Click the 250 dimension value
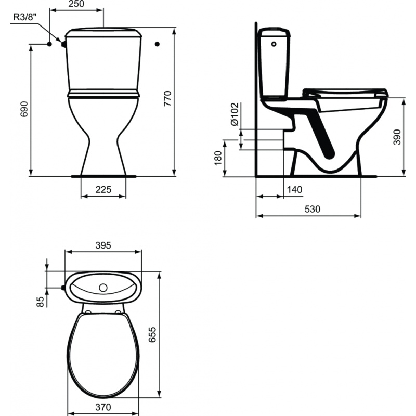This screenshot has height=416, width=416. click(x=76, y=4)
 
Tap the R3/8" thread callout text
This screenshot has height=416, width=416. click(x=24, y=17)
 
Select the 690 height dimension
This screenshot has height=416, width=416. click(x=24, y=109)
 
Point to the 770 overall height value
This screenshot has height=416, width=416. click(x=167, y=98)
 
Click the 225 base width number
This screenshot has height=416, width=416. click(x=103, y=189)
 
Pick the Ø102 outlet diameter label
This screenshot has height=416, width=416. click(x=235, y=114)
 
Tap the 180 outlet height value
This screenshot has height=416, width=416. click(x=217, y=158)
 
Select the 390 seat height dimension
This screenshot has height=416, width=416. click(x=397, y=137)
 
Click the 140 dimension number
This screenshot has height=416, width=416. click(x=294, y=189)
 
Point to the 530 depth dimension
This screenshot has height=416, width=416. click(x=313, y=209)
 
